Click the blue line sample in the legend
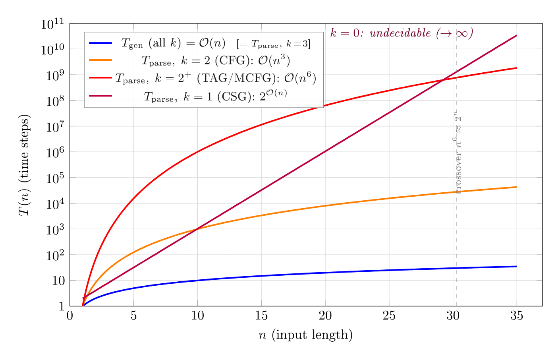point(100,43)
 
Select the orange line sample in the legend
point(100,60)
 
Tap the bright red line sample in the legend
point(100,78)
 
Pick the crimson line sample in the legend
point(100,96)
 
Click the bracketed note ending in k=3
point(273,44)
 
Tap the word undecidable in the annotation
point(400,33)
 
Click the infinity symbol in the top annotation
point(461,33)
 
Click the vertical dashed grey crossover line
point(456,238)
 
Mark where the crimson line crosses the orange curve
point(197,228)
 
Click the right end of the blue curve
point(516,266)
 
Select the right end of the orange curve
point(516,187)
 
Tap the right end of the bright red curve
point(516,68)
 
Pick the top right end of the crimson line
point(516,36)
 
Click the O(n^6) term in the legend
point(300,78)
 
